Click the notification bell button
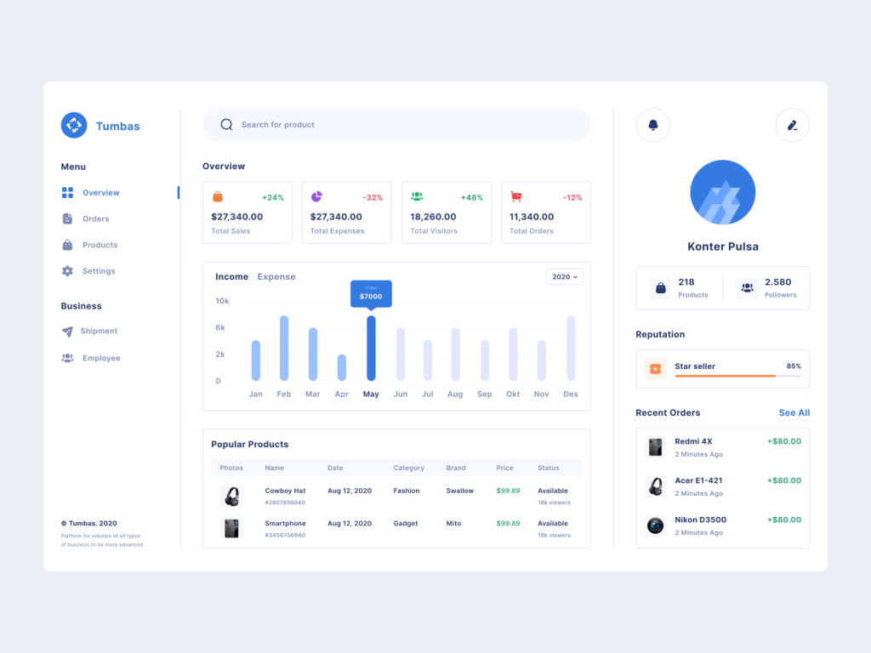click(x=653, y=125)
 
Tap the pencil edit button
click(x=792, y=125)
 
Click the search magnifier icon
click(x=226, y=124)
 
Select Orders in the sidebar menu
click(x=95, y=219)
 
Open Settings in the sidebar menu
click(x=98, y=271)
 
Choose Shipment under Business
click(x=99, y=331)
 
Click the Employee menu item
click(x=101, y=358)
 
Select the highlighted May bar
click(x=371, y=348)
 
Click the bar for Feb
click(x=284, y=348)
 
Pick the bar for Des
click(x=571, y=348)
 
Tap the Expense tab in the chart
click(x=276, y=276)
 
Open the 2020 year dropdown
click(x=565, y=276)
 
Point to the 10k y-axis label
click(x=222, y=301)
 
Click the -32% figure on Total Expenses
click(x=373, y=197)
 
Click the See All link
click(x=794, y=412)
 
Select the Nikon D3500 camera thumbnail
click(x=655, y=525)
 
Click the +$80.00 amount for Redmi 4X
click(x=783, y=441)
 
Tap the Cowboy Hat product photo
click(x=231, y=497)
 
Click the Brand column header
click(x=457, y=468)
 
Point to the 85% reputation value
click(x=794, y=366)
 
